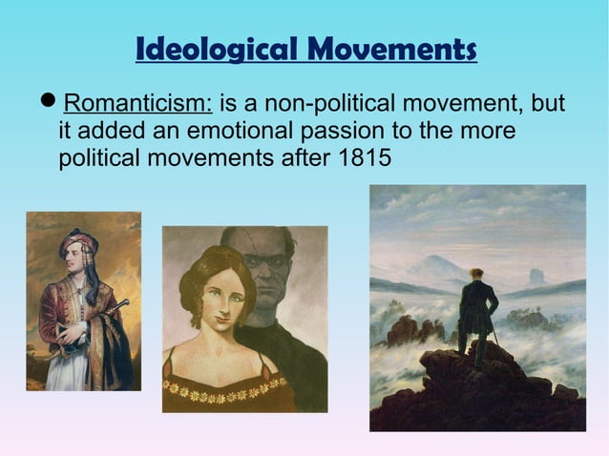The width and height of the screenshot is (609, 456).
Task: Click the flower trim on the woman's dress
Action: click(225, 386)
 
